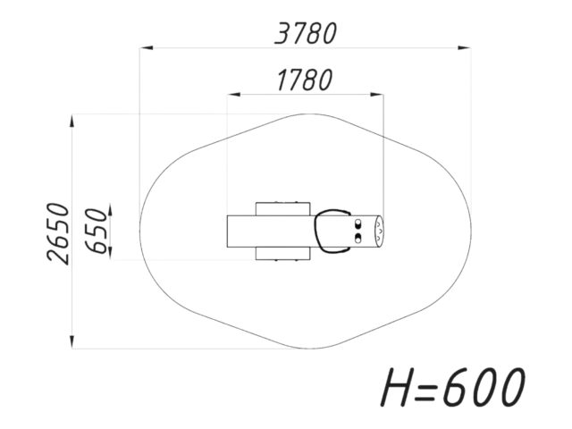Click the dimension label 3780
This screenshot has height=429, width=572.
pos(306,34)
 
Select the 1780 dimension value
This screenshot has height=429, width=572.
pos(305,80)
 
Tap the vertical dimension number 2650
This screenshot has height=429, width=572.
pos(58,233)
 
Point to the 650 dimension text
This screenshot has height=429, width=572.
pos(97,231)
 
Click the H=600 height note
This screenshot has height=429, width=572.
pos(453,387)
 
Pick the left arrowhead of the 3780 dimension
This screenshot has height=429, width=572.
pos(147,47)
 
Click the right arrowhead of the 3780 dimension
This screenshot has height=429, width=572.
pos(465,47)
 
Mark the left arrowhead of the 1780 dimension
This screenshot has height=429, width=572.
pos(233,95)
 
